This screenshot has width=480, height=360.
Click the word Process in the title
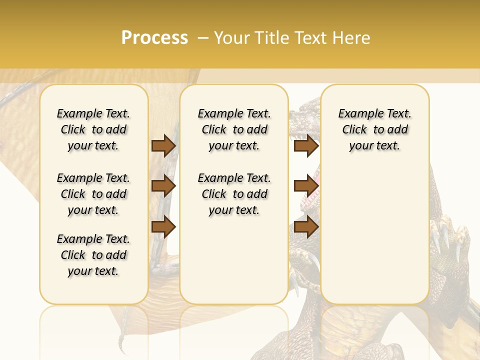[x=154, y=37]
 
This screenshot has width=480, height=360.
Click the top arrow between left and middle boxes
[x=163, y=145]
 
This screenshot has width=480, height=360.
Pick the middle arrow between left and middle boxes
[x=163, y=186]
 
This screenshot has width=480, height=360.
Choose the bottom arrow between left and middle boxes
[x=163, y=226]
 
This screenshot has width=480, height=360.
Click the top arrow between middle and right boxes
[x=306, y=145]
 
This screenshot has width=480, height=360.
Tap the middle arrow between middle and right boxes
[x=306, y=186]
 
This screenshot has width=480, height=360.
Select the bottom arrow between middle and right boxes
[x=306, y=226]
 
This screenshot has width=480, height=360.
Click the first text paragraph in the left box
[x=93, y=129]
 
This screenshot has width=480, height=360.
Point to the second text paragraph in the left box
[x=93, y=194]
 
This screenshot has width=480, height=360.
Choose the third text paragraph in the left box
[x=93, y=255]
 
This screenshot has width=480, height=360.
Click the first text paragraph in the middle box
[x=234, y=129]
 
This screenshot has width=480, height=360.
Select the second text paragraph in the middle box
[x=234, y=194]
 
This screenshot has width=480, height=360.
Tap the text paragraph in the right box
[x=374, y=129]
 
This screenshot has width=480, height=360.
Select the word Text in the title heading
[x=310, y=37]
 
